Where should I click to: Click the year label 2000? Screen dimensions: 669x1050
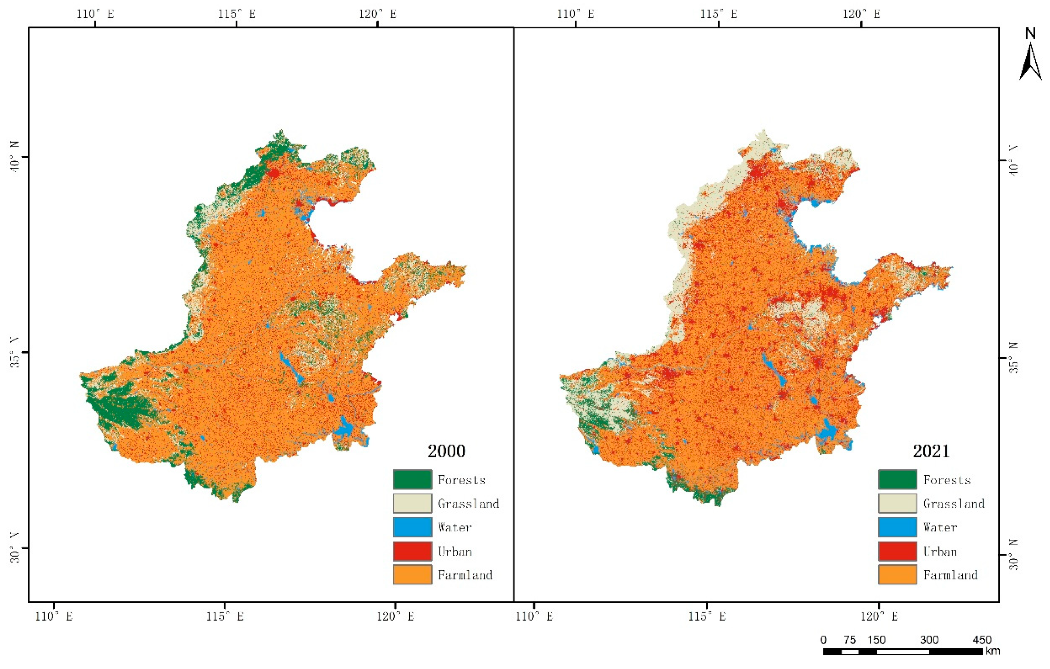[446, 451]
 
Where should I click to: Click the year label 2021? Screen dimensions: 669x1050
[931, 451]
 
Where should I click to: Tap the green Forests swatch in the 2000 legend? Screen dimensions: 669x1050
[412, 479]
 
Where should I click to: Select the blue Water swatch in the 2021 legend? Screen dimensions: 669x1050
[897, 527]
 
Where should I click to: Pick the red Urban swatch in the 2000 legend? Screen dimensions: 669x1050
[412, 551]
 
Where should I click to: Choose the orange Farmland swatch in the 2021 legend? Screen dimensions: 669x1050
[897, 574]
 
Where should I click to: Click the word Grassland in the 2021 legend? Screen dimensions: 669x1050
[954, 504]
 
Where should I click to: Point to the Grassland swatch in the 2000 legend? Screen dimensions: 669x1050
[412, 504]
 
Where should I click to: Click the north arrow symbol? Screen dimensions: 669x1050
[1030, 63]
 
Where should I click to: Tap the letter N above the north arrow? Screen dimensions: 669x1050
[1030, 34]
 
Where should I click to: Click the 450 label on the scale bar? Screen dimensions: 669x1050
[982, 640]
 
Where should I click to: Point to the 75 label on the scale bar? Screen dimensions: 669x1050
[849, 640]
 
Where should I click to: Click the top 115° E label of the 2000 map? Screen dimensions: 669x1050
[237, 14]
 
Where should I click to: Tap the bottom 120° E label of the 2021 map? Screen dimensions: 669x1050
[879, 616]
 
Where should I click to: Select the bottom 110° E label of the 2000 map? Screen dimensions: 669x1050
[54, 616]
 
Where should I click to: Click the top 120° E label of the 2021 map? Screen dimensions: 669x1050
[861, 14]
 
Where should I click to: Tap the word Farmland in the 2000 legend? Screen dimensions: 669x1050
[465, 575]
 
